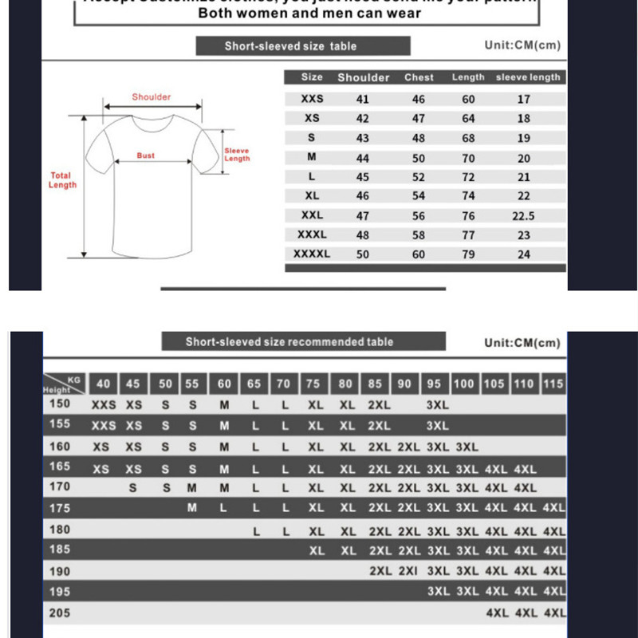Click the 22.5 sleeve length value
[523, 216]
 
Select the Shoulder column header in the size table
[364, 77]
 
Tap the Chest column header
[419, 77]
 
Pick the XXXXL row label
[312, 254]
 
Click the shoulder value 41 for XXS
[363, 100]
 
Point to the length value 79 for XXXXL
[468, 254]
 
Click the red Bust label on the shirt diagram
[146, 156]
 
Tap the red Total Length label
[61, 180]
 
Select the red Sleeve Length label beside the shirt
[237, 155]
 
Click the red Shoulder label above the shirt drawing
[152, 97]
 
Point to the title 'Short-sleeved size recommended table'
[289, 342]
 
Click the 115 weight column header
[553, 384]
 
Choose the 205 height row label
[60, 613]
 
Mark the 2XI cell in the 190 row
[408, 571]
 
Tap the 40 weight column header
[103, 384]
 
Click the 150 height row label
[60, 404]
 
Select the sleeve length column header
[528, 77]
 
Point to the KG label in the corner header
[74, 380]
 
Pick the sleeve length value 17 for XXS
[523, 100]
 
